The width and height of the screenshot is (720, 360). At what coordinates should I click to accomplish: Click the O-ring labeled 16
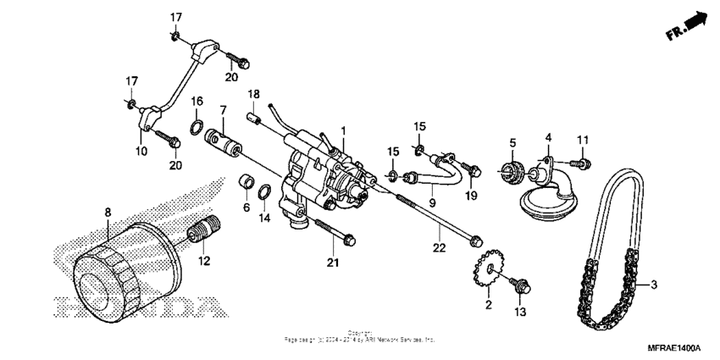(x=197, y=129)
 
